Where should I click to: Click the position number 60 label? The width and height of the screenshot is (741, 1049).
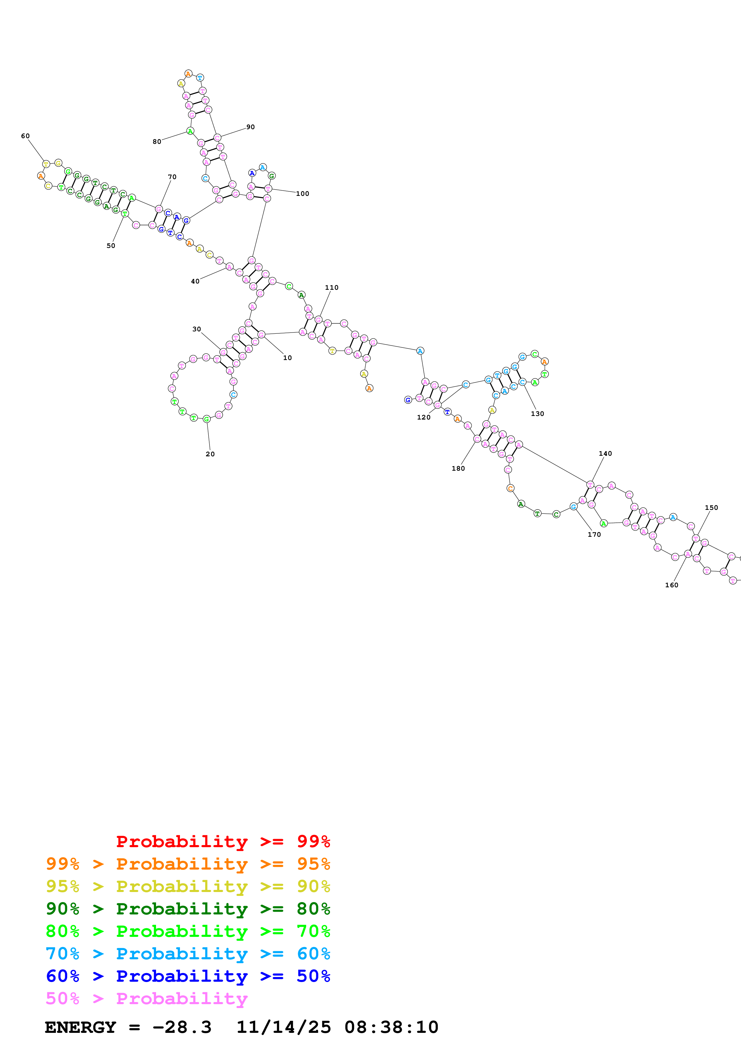26,136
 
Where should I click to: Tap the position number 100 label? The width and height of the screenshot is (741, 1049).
302,194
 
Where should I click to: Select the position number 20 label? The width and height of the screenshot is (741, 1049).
210,454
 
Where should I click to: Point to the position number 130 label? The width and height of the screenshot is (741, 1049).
537,414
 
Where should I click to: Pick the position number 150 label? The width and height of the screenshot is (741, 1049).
711,507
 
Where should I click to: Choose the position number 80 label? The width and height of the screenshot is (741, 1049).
157,142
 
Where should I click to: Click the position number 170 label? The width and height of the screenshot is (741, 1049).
594,535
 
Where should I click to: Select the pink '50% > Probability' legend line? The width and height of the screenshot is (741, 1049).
146,999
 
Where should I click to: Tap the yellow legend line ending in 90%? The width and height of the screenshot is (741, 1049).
188,886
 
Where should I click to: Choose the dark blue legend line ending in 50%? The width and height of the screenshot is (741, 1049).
188,976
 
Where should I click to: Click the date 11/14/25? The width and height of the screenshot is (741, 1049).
284,1027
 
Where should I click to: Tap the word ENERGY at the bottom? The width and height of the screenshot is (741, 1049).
80,1027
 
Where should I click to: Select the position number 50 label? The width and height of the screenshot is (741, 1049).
111,246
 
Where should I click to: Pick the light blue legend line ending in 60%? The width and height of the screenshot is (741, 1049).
188,954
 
